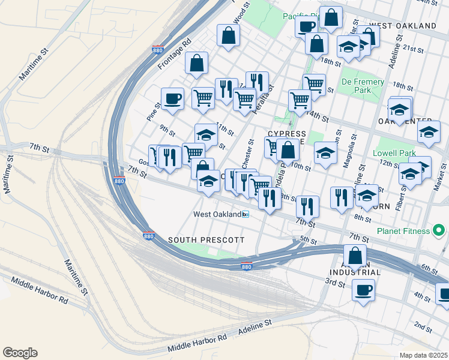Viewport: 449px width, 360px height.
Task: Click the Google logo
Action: point(20,353)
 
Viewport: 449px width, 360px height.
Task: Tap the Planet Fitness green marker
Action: point(440,230)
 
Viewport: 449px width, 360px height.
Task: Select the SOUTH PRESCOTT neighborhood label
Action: point(206,240)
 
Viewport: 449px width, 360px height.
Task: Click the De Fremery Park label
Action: point(363,86)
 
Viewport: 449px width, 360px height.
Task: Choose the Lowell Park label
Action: point(394,153)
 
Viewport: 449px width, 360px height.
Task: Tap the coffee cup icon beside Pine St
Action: point(172,98)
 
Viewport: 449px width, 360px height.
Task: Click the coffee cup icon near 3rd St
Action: point(364,290)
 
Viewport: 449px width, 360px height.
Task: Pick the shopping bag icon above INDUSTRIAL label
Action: point(355,254)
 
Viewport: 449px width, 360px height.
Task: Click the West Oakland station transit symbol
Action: point(245,214)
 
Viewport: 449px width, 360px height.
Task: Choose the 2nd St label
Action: point(423,328)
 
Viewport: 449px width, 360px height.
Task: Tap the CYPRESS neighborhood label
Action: point(287,134)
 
